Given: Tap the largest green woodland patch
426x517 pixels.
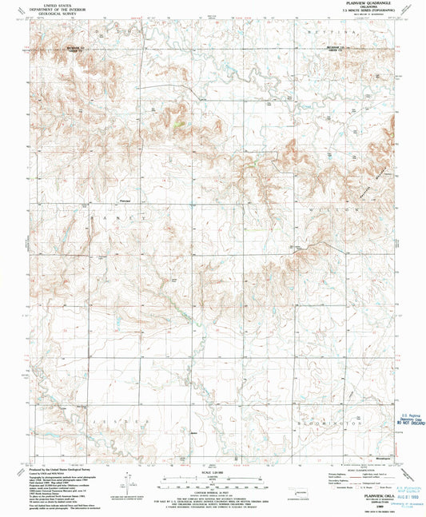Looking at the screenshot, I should point(178,123).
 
